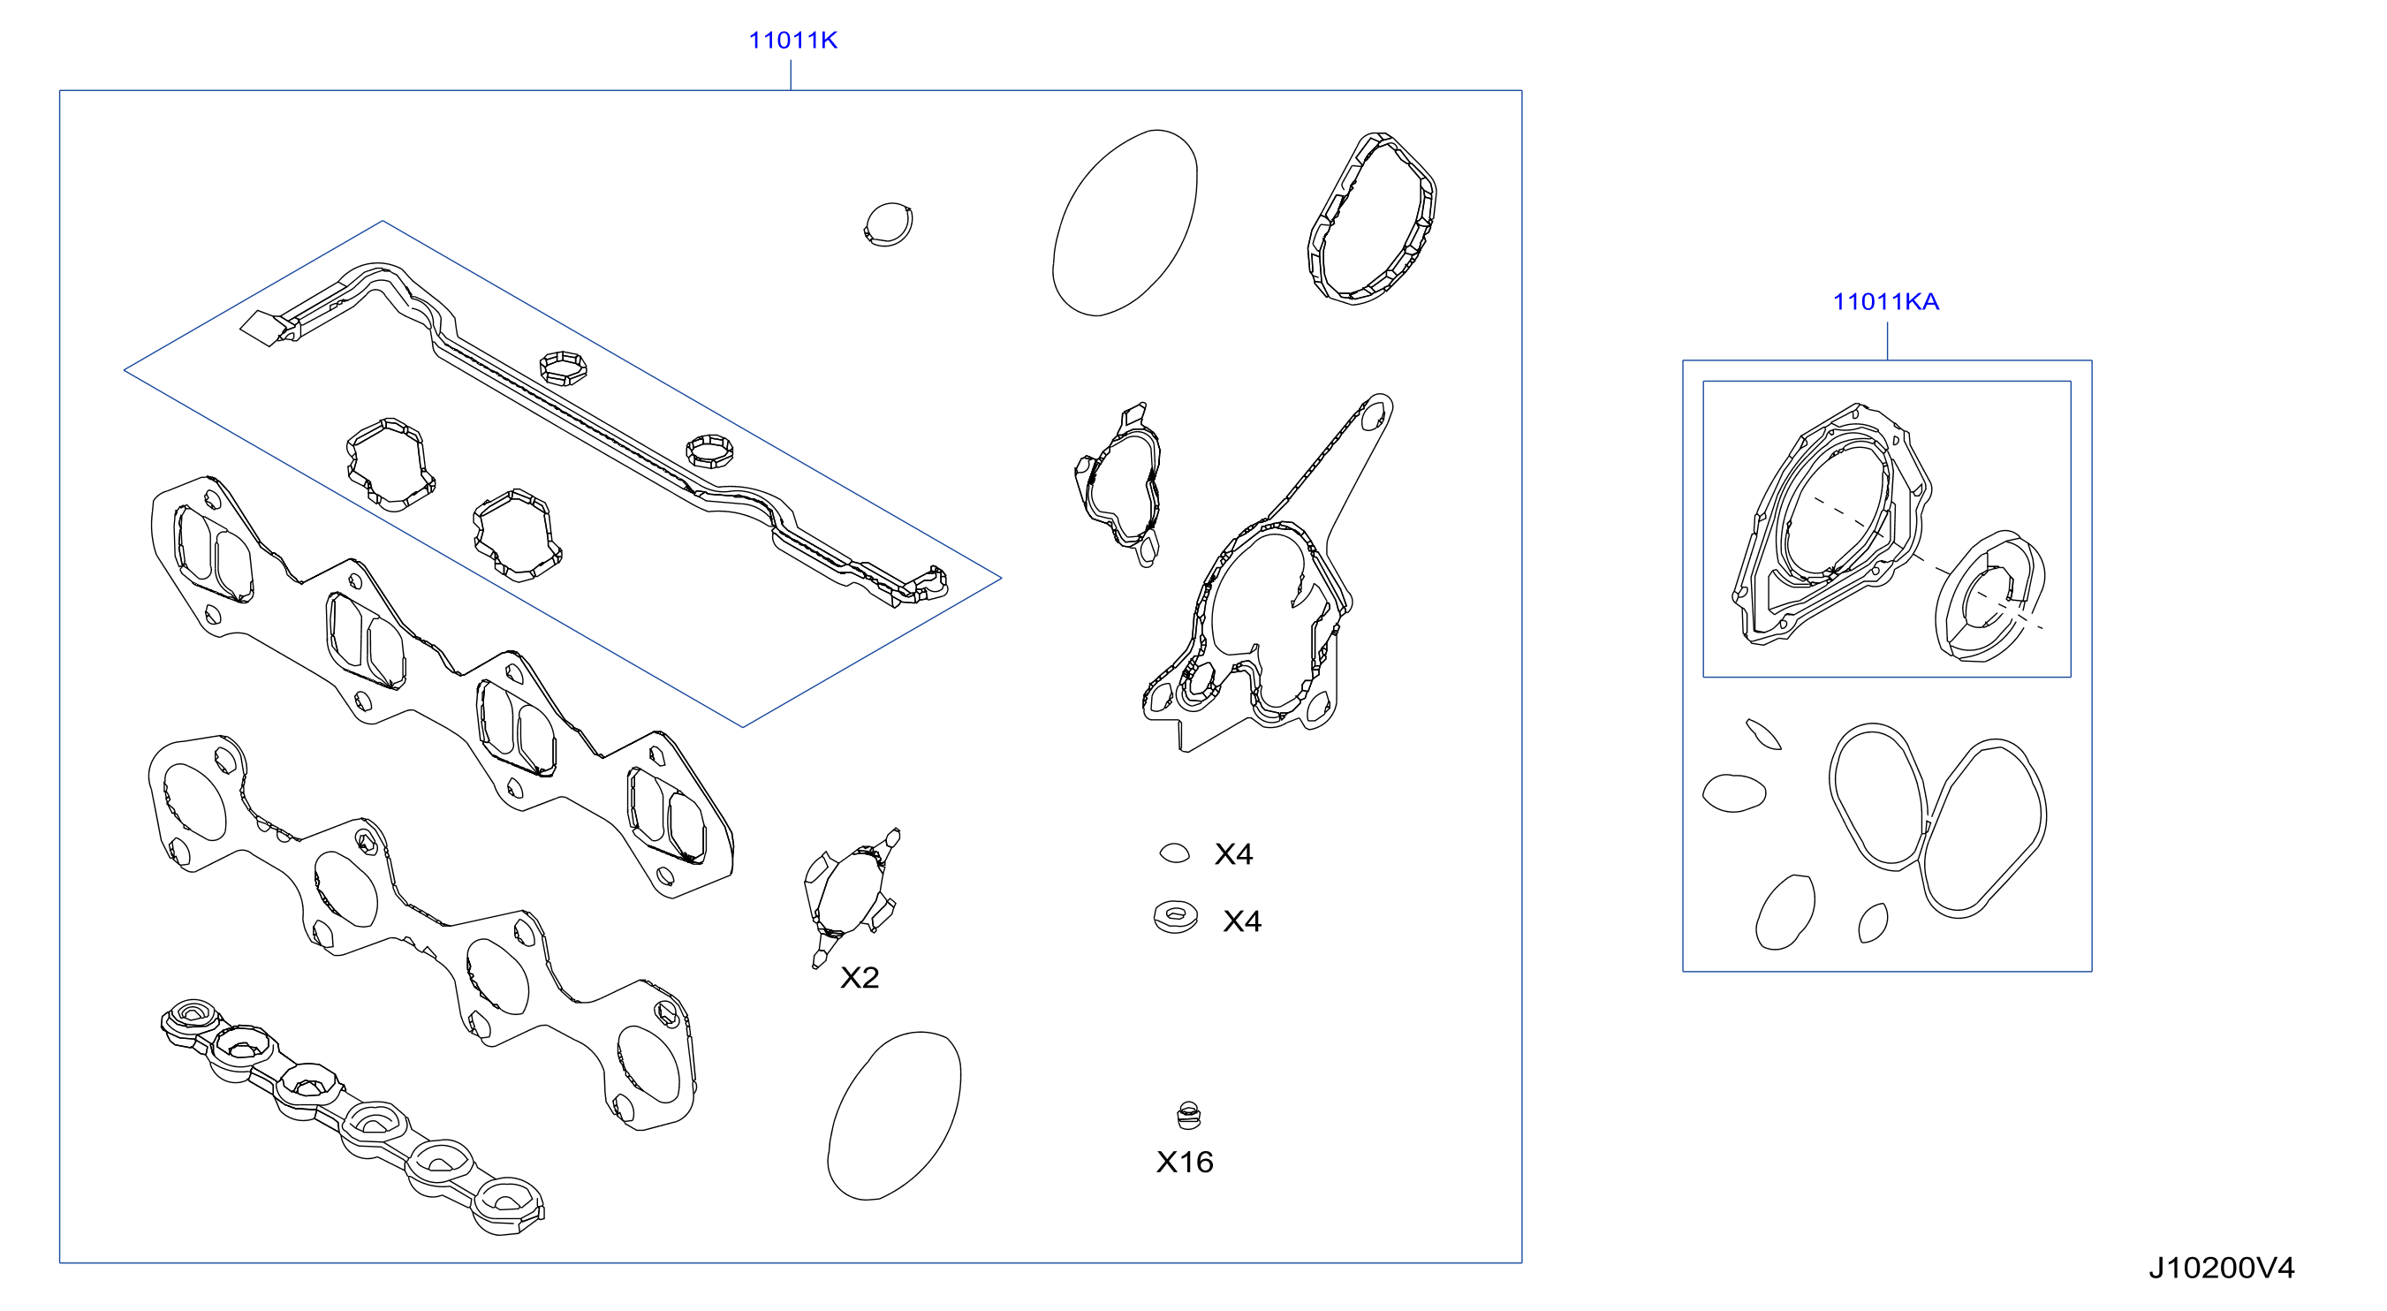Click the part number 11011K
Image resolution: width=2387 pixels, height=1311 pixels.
tap(792, 40)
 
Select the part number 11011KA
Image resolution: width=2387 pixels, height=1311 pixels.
tap(1886, 301)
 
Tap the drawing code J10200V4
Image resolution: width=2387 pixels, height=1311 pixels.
tap(2221, 1268)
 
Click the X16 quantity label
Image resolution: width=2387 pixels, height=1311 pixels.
tap(1185, 1162)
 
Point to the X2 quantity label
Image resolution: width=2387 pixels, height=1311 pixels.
tap(859, 977)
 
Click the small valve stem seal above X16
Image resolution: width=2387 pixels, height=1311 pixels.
tap(1188, 1116)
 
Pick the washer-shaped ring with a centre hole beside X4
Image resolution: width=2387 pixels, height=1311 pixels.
tap(1175, 917)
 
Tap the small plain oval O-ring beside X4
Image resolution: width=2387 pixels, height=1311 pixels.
tap(1174, 853)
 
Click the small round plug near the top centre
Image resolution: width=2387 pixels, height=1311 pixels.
tap(888, 224)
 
